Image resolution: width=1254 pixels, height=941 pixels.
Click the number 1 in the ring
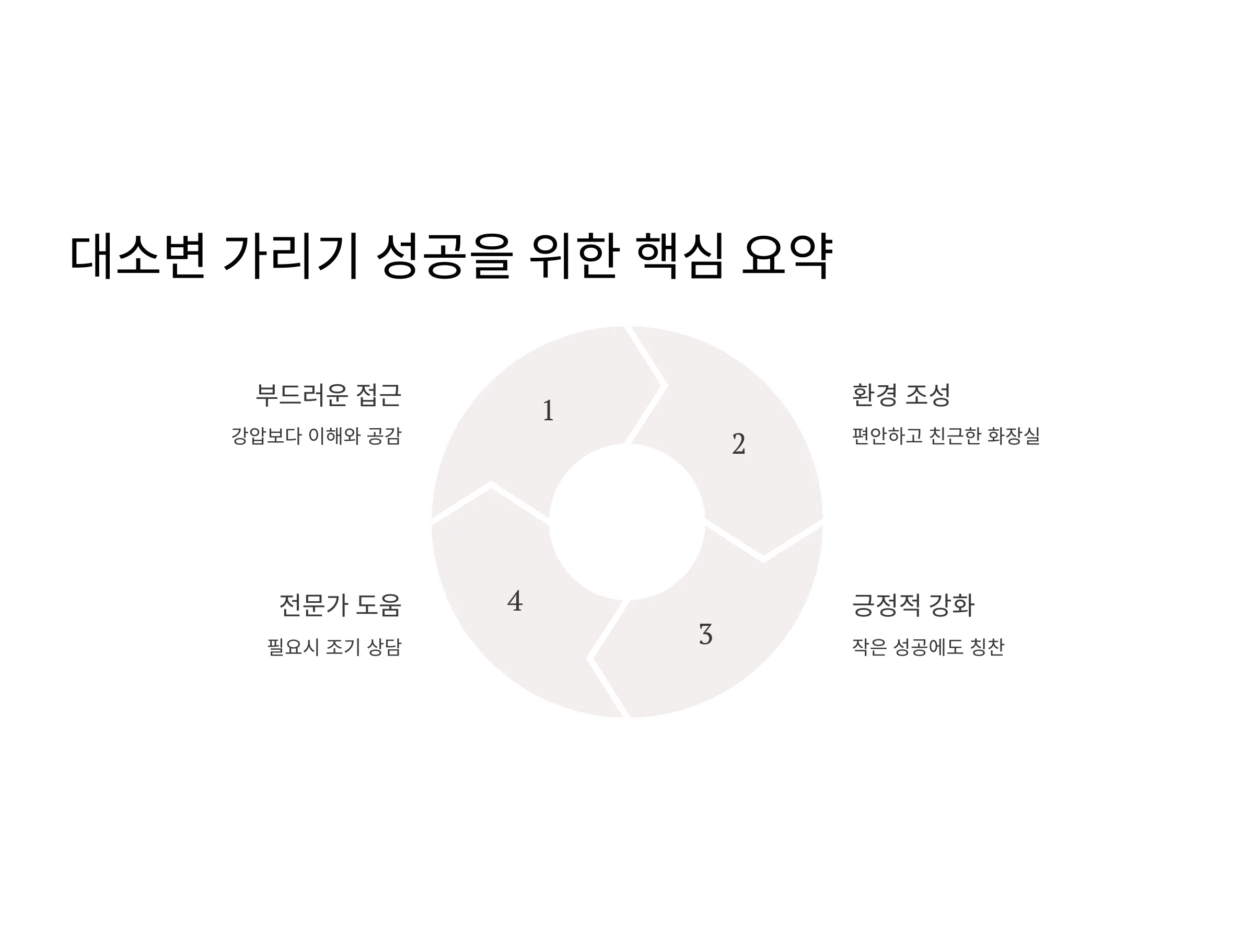[x=548, y=410]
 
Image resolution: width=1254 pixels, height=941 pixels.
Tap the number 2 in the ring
[x=738, y=443]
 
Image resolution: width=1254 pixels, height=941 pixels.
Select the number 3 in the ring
[x=705, y=634]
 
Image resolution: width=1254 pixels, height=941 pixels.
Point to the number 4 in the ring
[x=515, y=601]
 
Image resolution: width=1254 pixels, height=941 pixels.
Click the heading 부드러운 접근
[x=328, y=395]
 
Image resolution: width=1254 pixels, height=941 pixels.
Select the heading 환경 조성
[x=901, y=395]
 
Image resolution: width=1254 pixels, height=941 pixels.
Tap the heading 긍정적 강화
[x=913, y=605]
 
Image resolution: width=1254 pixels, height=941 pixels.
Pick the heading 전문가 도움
[x=340, y=605]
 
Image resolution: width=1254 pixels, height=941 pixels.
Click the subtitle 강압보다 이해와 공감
[x=316, y=435]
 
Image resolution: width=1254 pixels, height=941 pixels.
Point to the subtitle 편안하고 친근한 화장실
[x=946, y=435]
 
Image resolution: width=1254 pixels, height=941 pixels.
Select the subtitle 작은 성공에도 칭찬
[x=927, y=647]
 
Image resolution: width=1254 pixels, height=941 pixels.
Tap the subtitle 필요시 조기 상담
[x=334, y=647]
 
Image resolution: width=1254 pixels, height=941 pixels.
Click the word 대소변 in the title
[x=137, y=256]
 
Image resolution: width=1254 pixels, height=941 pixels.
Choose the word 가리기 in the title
[x=292, y=256]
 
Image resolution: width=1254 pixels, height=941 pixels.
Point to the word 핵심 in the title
[x=680, y=256]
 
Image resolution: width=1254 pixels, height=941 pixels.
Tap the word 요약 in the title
[x=787, y=256]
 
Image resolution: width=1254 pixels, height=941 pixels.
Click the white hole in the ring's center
[x=627, y=522]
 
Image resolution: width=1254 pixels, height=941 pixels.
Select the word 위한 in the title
[x=573, y=256]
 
